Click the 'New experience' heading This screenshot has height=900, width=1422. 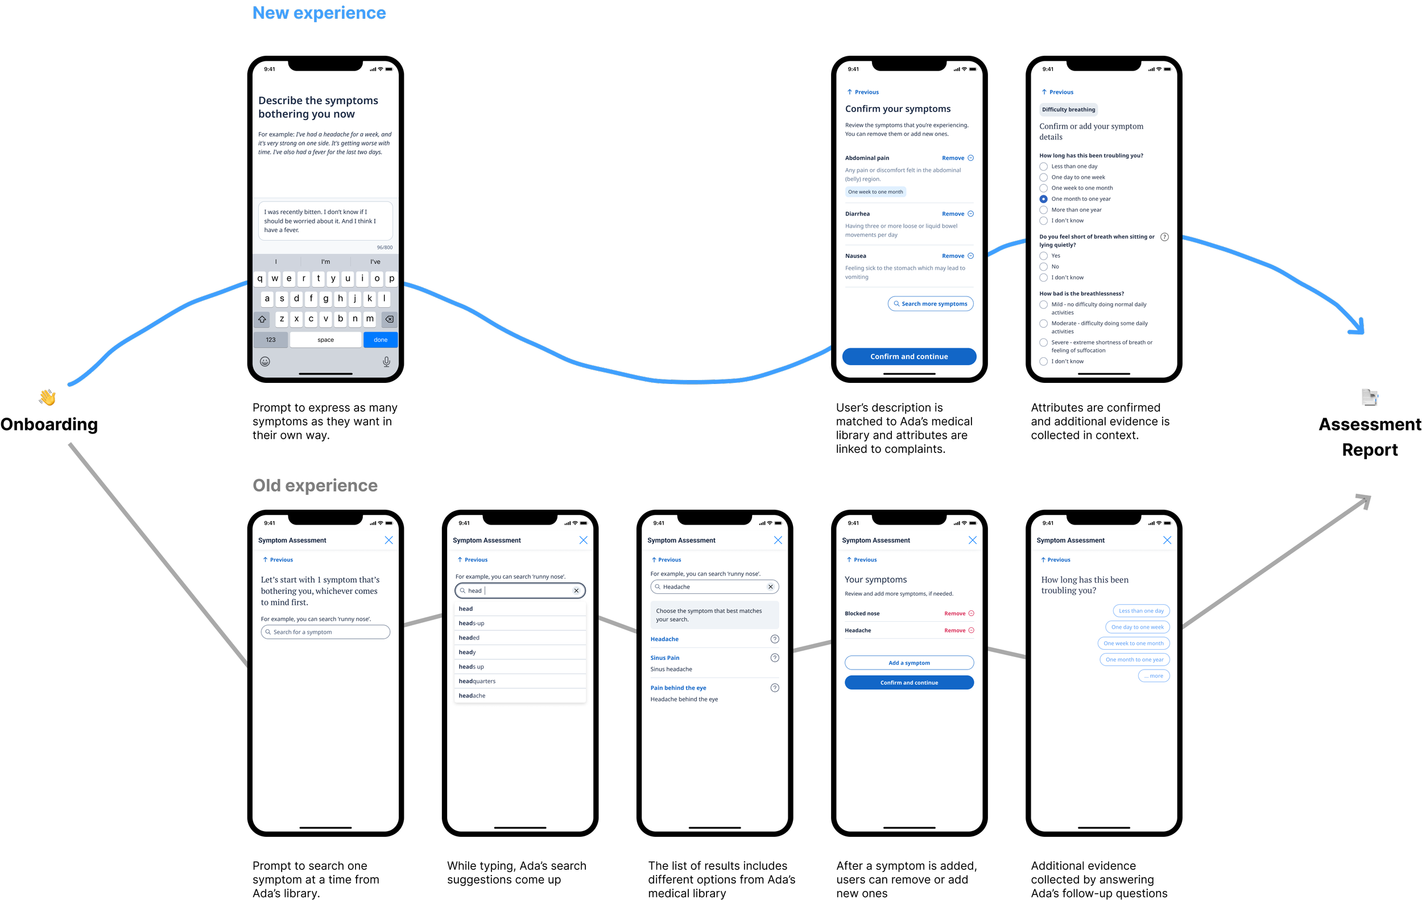point(319,13)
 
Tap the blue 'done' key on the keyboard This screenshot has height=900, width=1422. point(381,340)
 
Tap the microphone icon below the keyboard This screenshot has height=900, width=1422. point(386,361)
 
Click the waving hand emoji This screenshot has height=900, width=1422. point(47,397)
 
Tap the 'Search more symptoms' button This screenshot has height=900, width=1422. point(930,304)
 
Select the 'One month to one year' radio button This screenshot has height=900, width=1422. point(1044,199)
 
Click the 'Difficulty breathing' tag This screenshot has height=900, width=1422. point(1068,109)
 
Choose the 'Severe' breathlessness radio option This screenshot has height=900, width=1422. point(1044,342)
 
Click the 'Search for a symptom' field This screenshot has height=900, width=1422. point(325,632)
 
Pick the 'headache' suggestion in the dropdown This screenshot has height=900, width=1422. point(473,696)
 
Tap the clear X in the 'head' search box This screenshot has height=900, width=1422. point(576,591)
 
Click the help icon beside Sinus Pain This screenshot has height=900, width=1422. point(775,658)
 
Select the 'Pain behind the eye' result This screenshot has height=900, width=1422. point(678,688)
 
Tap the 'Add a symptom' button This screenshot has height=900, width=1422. point(909,663)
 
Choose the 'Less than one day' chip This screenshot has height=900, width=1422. point(1141,610)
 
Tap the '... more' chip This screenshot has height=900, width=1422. point(1154,676)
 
